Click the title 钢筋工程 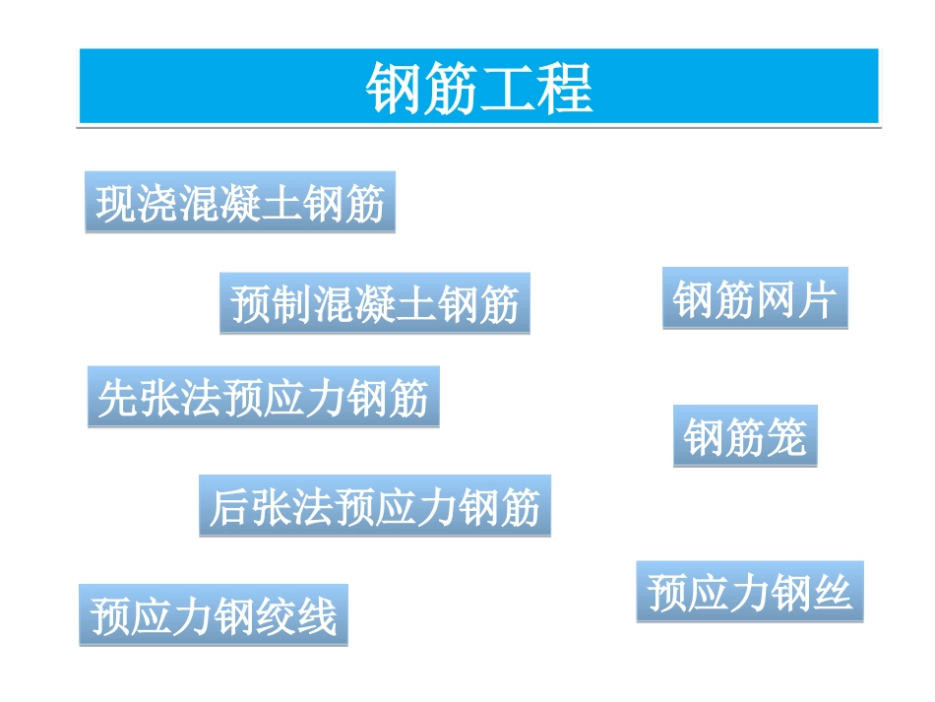[479, 88]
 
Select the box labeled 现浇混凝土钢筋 [240, 203]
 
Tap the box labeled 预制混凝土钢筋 [374, 304]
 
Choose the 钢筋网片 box [755, 298]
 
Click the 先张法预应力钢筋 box [263, 398]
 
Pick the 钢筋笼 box [745, 436]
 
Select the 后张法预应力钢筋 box [375, 506]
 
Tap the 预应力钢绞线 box [214, 615]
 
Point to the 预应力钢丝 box [749, 592]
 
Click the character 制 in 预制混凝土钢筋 [292, 304]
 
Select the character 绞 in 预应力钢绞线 [276, 615]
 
